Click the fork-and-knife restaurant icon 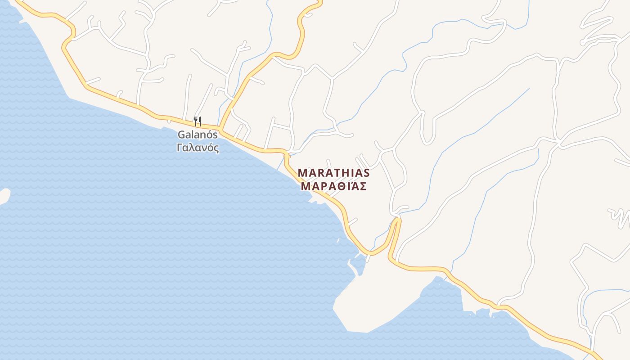point(197,121)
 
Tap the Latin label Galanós point(198,135)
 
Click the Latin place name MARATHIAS point(333,173)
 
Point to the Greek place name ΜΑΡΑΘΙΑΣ point(333,186)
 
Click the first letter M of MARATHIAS point(302,173)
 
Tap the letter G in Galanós point(181,135)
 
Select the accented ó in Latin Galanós point(209,135)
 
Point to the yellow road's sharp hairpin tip point(396,220)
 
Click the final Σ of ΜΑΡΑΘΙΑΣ point(363,186)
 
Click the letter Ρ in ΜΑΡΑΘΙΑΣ point(323,186)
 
